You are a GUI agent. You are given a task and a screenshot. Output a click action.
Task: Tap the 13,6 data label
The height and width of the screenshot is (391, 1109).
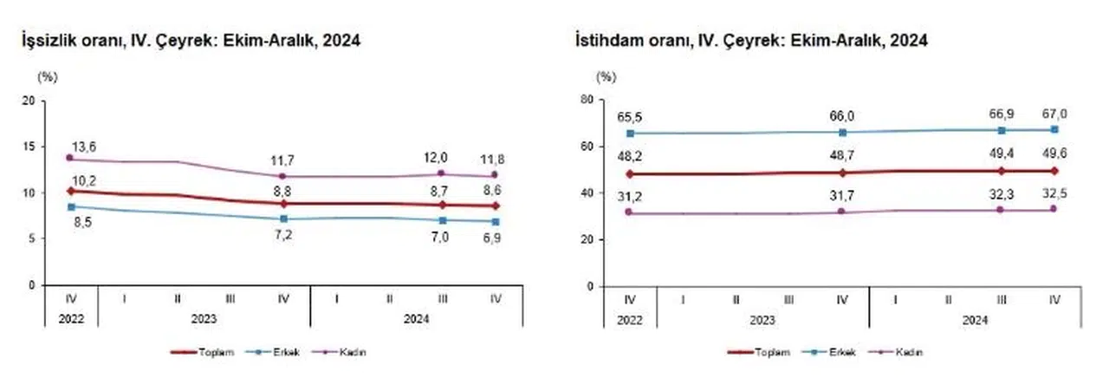point(84,147)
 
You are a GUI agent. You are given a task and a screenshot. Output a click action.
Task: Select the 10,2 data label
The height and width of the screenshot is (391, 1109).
point(84,180)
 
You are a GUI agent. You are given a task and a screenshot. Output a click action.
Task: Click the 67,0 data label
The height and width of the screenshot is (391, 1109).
point(1054,114)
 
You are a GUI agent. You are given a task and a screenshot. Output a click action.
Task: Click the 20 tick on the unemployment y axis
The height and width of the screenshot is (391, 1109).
point(29,101)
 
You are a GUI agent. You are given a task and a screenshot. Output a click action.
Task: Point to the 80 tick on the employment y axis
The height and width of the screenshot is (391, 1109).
point(587,101)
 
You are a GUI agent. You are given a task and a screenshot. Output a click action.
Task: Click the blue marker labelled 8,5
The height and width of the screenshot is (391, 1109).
point(71,206)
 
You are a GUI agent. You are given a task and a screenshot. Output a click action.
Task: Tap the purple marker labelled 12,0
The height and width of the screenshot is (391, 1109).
point(442,173)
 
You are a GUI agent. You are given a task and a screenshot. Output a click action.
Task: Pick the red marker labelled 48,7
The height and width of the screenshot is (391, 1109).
point(842,173)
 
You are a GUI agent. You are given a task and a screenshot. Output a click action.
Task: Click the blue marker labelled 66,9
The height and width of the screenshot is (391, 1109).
point(1002,130)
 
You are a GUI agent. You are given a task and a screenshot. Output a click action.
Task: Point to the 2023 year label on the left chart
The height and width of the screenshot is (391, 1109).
point(204,318)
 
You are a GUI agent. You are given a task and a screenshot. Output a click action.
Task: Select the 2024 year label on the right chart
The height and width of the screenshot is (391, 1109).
point(975,318)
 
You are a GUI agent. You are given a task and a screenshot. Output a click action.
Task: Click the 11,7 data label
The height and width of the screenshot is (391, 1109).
point(284,159)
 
